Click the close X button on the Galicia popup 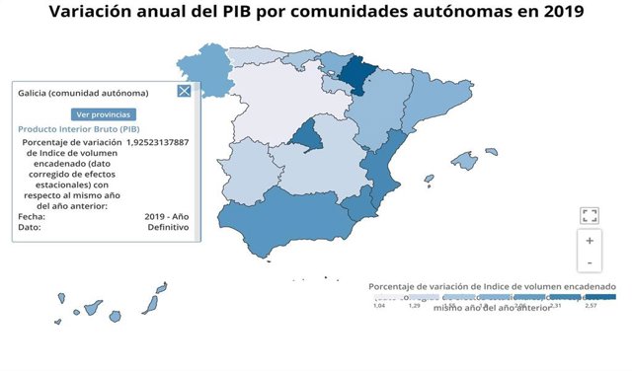[184, 92]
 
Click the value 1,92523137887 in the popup [152, 142]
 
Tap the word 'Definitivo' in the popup [168, 227]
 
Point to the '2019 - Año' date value [166, 216]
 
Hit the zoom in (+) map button [590, 240]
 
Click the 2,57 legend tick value [591, 306]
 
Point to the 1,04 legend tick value [379, 306]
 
